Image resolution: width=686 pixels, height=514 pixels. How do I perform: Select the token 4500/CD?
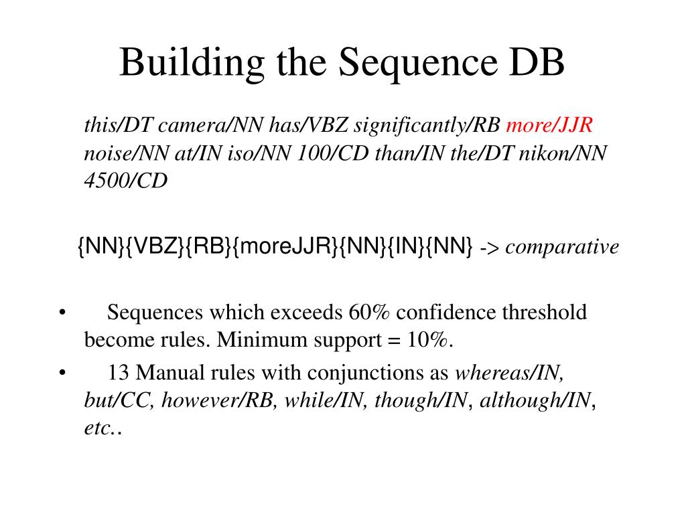coord(125,181)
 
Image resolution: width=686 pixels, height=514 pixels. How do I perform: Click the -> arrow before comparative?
coord(490,248)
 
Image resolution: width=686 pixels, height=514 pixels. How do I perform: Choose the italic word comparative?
coord(561,248)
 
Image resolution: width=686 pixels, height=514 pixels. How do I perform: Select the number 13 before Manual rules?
coord(117,373)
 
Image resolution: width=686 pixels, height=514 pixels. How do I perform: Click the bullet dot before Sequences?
coord(62,313)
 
